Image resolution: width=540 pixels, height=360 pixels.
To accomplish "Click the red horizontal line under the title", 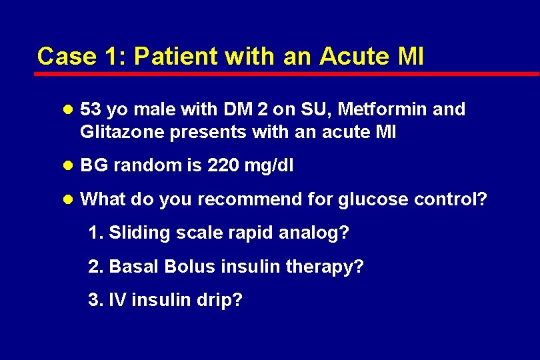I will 287,73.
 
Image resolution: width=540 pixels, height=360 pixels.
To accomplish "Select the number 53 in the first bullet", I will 89,109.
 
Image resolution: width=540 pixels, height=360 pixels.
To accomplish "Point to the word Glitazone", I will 122,132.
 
